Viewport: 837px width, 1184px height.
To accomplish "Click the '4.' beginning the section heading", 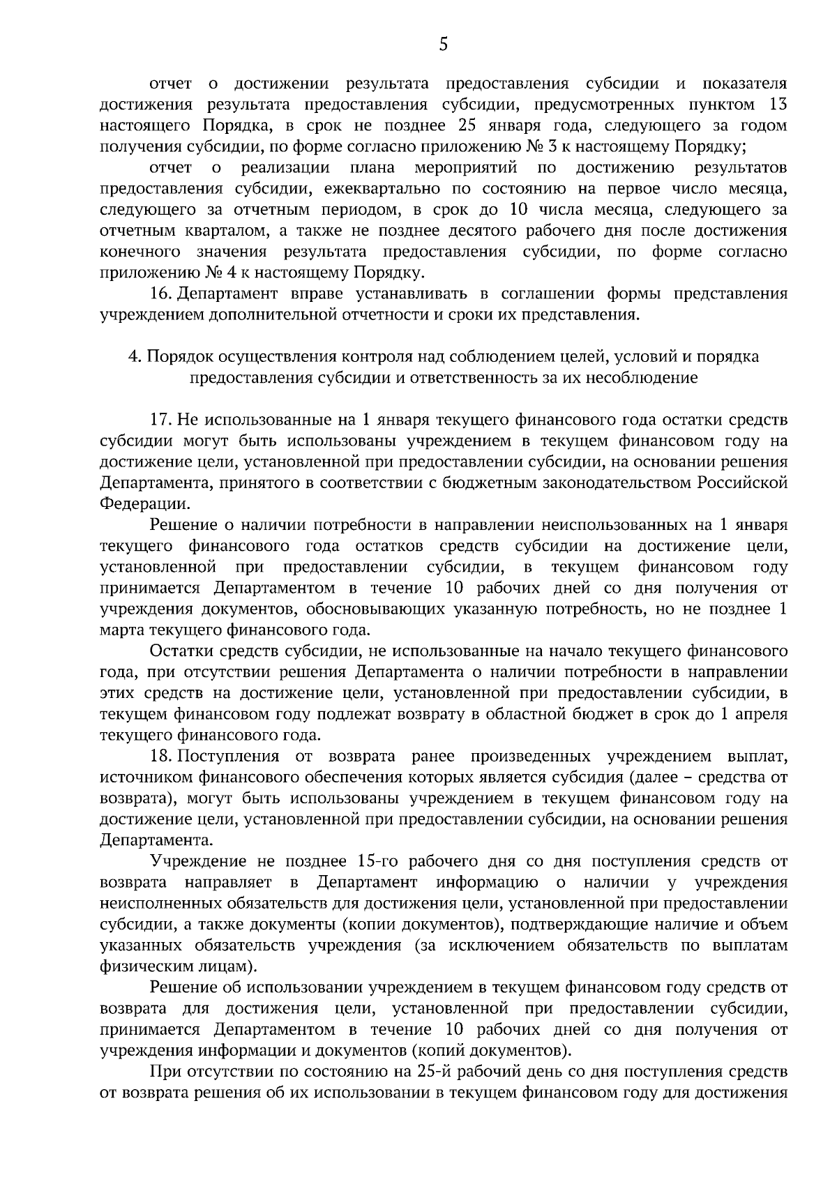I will point(134,356).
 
